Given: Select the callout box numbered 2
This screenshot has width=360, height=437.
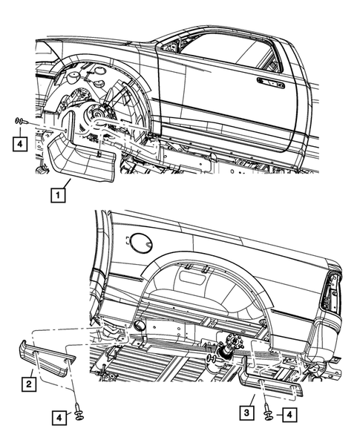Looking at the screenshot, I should coord(28,384).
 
